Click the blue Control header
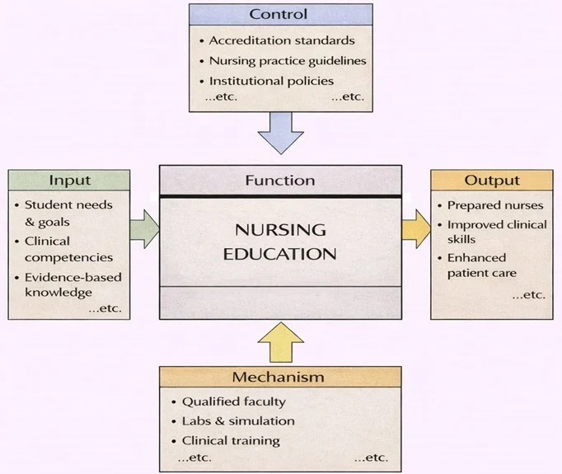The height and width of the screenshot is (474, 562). point(279,14)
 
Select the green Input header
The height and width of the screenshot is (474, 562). point(69,181)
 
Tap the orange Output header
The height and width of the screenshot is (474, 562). point(491,181)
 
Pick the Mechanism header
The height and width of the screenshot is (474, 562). point(278,378)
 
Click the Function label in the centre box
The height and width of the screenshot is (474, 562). point(280,180)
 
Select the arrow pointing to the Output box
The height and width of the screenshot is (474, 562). point(416,228)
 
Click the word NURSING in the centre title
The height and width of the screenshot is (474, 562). point(280,230)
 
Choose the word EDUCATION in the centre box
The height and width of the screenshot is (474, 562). point(280,254)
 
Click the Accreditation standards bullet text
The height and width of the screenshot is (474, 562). point(281,40)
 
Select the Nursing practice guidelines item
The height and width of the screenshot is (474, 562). point(287,61)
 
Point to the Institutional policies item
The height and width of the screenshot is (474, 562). point(271,81)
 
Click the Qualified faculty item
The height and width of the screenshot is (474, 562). point(233,401)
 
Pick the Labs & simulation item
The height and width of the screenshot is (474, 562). point(238,421)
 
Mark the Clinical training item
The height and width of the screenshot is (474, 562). point(231,441)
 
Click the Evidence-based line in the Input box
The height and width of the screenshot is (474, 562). point(68,278)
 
